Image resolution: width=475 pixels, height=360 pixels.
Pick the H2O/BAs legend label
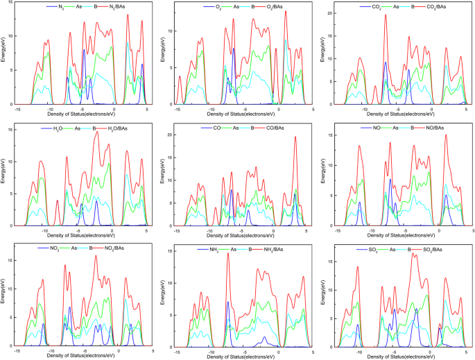click(x=125, y=128)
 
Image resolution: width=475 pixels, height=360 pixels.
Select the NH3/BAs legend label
click(x=284, y=248)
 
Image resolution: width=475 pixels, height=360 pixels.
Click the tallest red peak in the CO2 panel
click(x=386, y=15)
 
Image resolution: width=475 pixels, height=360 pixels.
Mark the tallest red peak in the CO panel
click(x=295, y=137)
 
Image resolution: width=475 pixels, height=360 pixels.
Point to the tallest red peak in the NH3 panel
click(x=227, y=254)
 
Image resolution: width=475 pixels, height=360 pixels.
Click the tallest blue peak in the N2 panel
click(x=84, y=50)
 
